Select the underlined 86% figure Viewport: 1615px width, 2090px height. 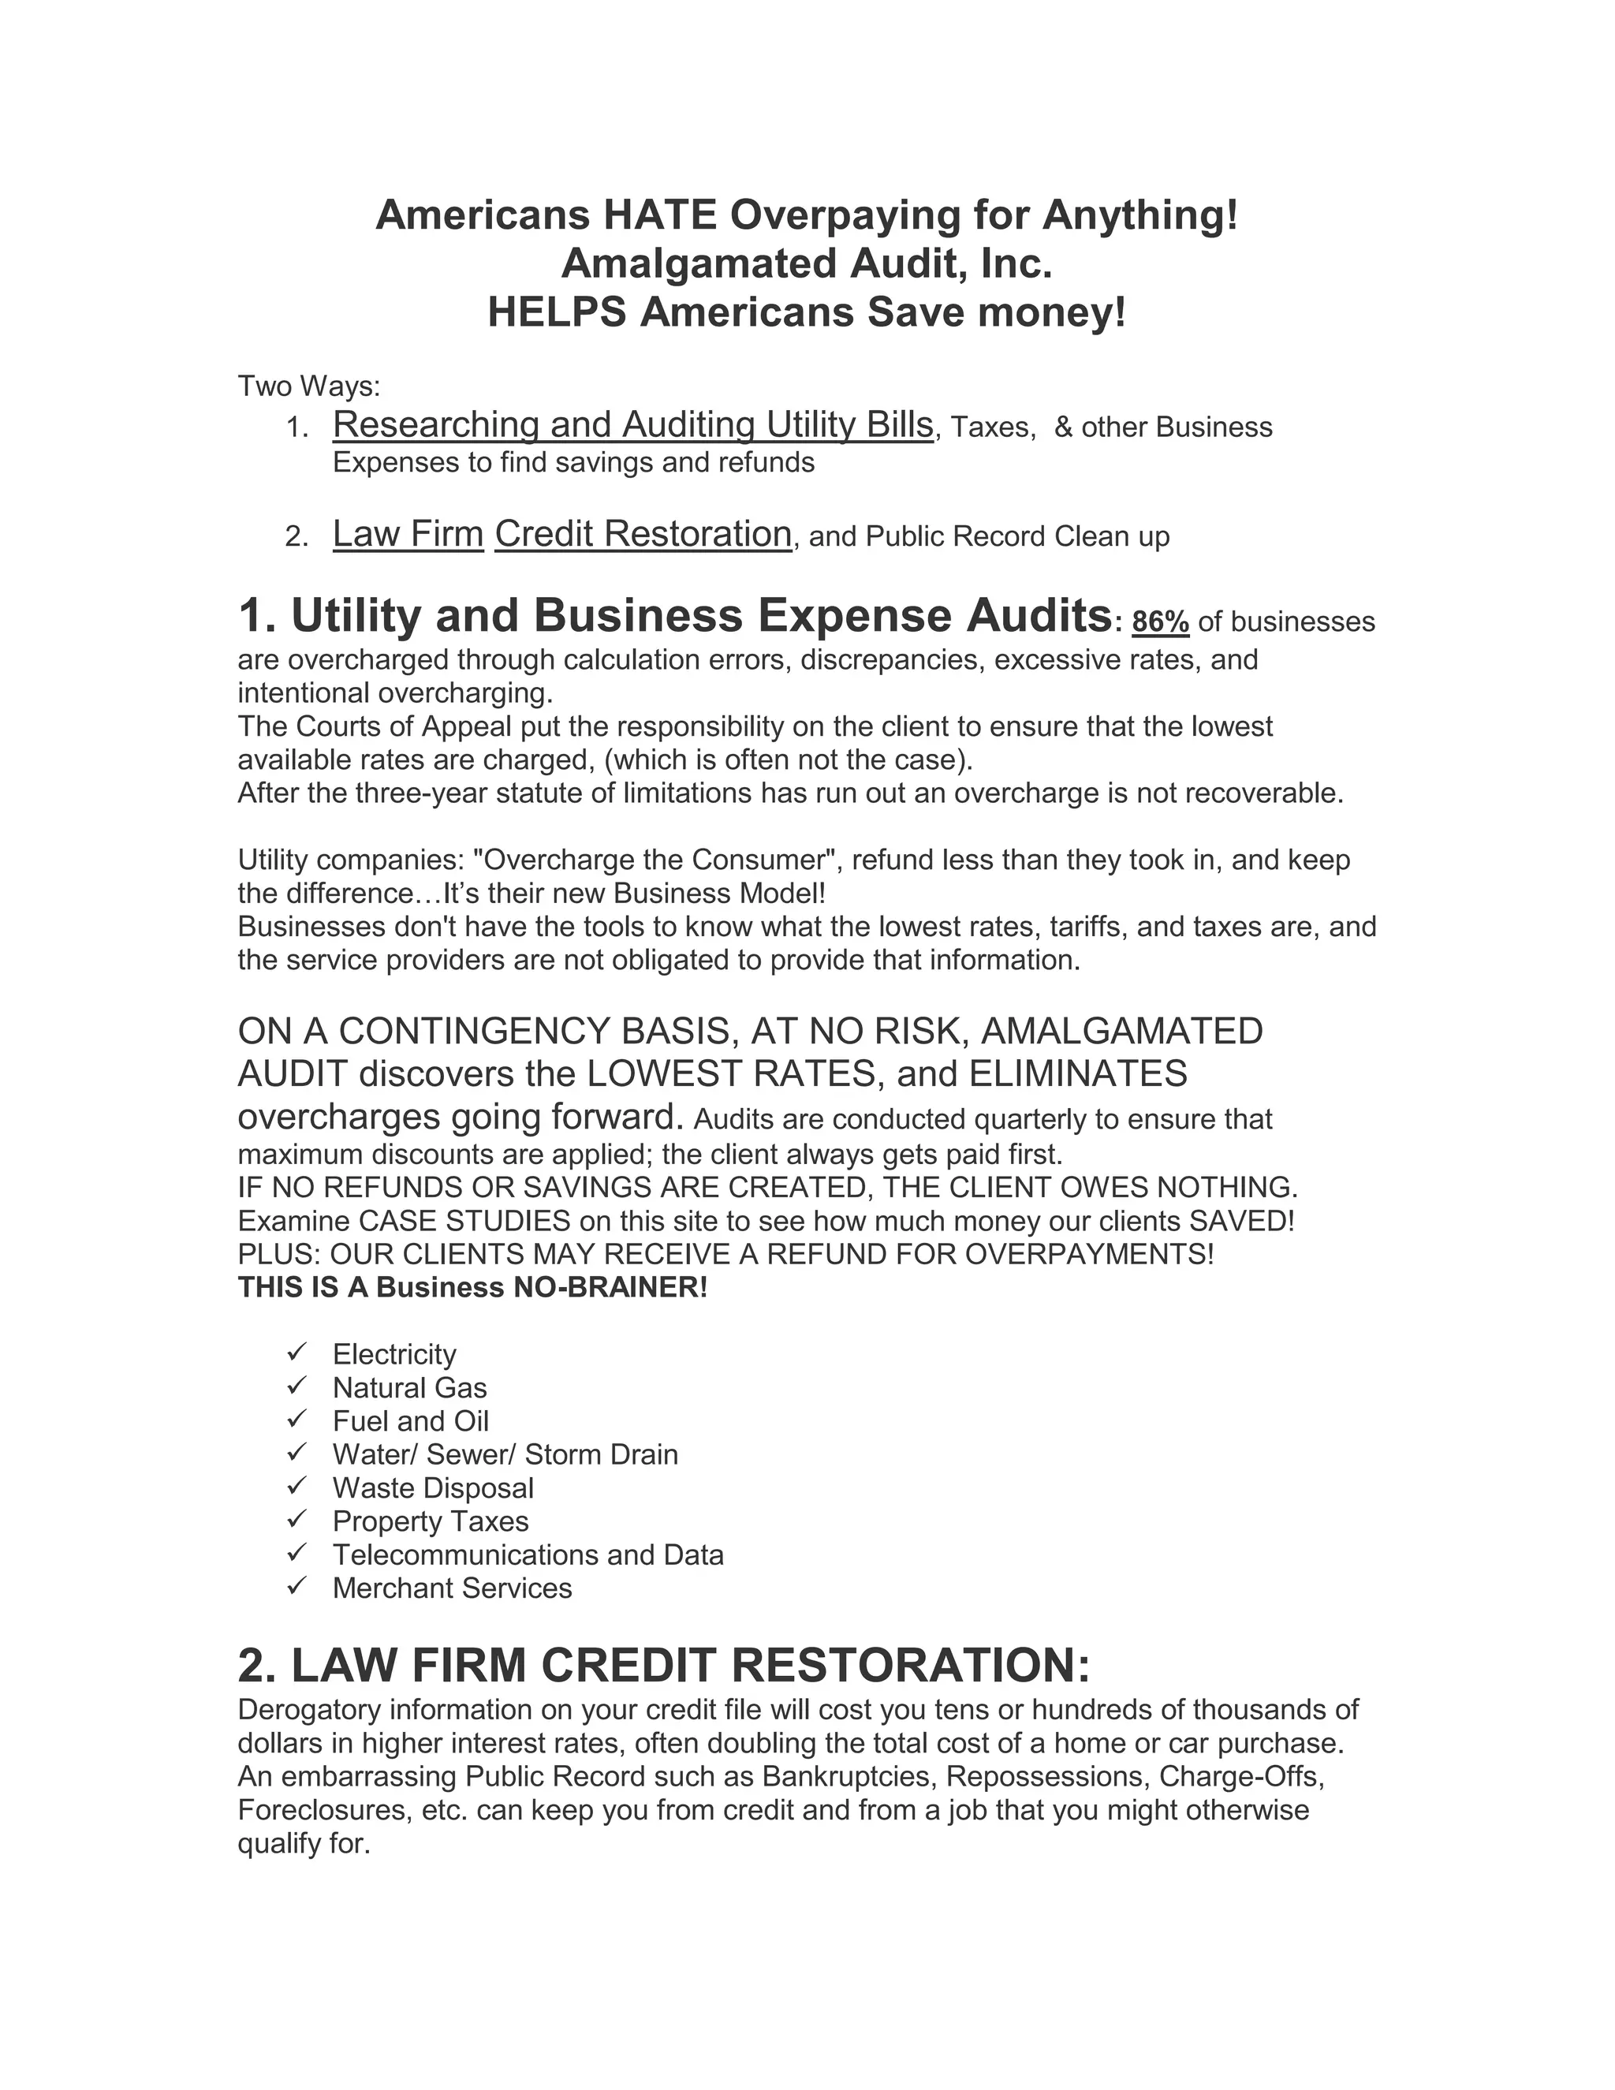[1159, 622]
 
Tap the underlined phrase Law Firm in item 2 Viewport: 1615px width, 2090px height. [408, 534]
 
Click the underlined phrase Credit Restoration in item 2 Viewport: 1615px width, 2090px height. [643, 534]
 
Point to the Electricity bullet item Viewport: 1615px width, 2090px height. [394, 1354]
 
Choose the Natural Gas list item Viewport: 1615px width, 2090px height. [409, 1387]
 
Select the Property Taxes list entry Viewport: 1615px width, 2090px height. [431, 1521]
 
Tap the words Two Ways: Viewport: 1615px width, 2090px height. [309, 386]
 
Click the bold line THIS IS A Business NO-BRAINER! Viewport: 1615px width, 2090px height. [472, 1287]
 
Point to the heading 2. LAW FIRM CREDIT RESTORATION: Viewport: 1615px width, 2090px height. [663, 1665]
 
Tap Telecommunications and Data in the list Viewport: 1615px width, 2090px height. [528, 1554]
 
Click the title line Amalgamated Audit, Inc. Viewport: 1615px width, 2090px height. [807, 263]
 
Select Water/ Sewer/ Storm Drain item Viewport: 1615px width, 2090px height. [505, 1454]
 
